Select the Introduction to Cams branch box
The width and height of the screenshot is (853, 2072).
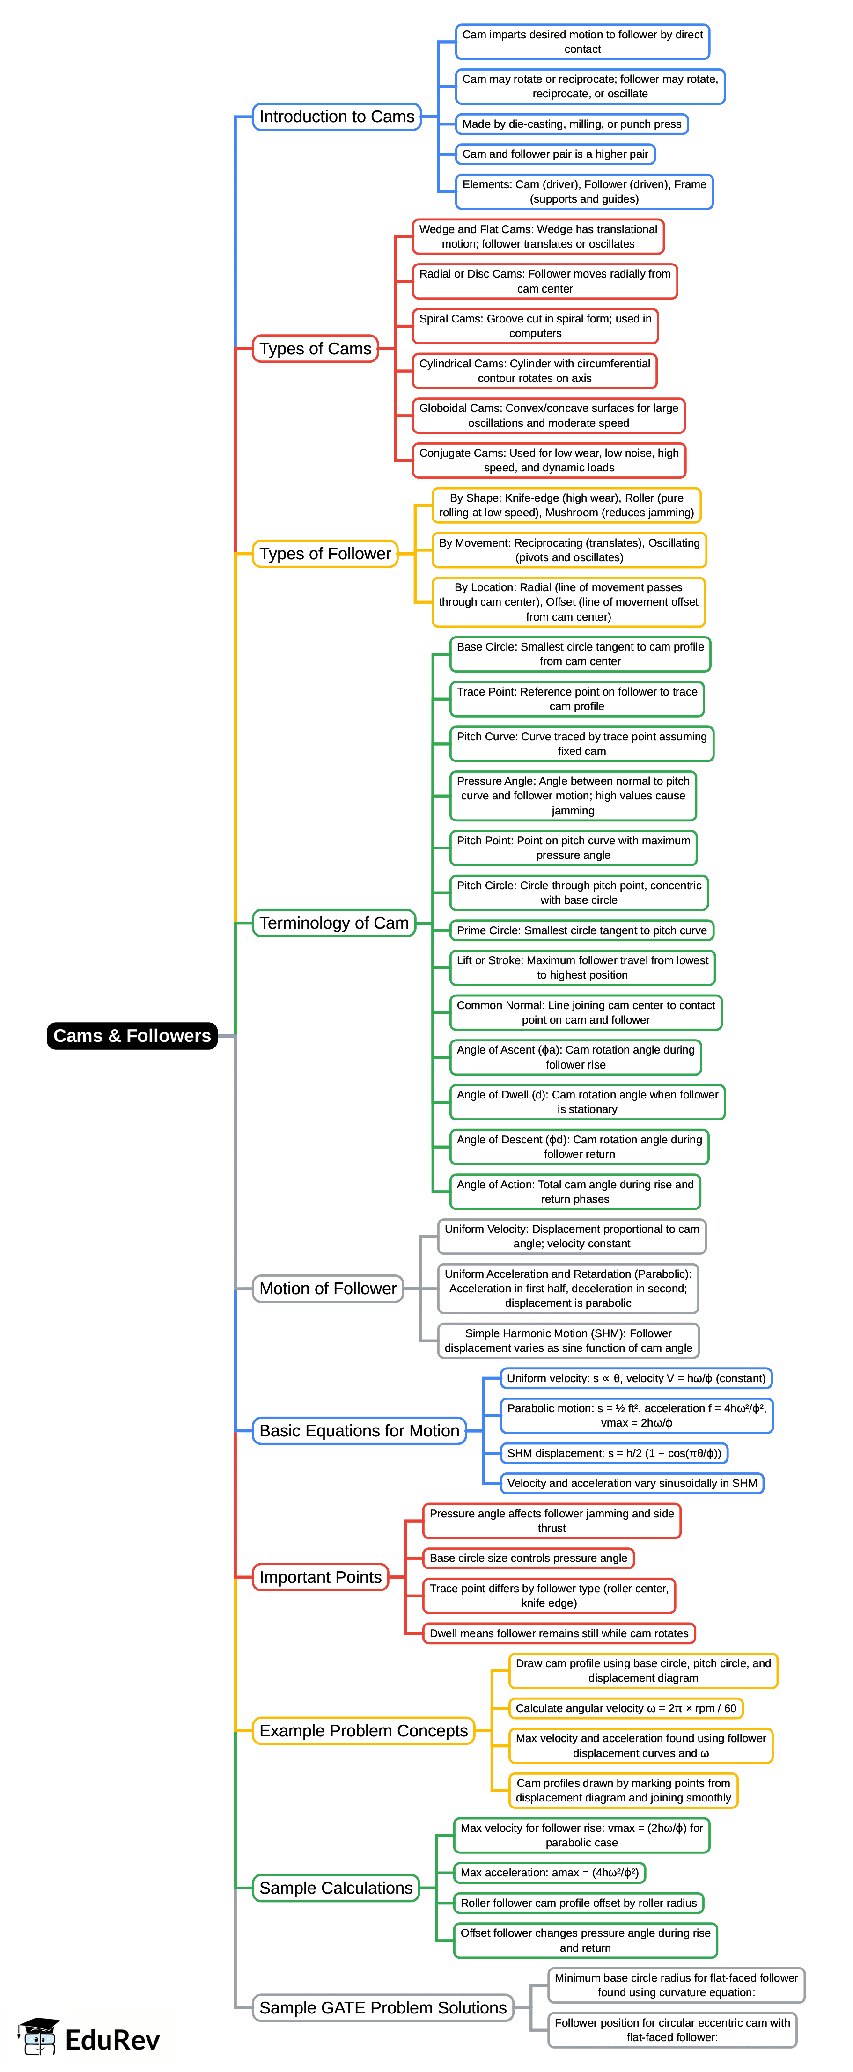coord(336,117)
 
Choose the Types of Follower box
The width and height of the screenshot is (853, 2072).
coord(324,553)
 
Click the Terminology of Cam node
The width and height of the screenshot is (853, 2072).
coord(333,923)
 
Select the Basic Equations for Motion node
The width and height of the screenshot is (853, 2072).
coord(359,1430)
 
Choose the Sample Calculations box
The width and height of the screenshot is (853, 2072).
coord(336,1887)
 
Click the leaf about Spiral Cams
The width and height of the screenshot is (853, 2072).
coord(535,326)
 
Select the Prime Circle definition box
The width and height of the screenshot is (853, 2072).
coord(581,930)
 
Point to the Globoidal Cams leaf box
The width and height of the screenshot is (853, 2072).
coord(548,415)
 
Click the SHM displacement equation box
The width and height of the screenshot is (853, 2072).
coord(614,1453)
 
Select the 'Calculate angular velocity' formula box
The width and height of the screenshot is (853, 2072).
coord(625,1707)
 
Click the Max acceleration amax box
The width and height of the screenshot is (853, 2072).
coord(549,1873)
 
